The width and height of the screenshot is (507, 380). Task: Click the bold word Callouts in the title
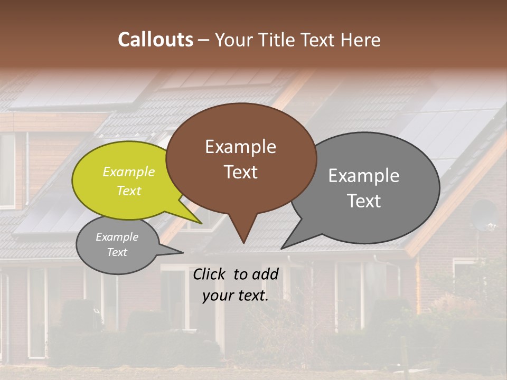click(155, 40)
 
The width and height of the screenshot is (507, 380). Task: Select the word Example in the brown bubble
click(240, 147)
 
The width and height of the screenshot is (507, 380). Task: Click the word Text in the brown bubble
click(240, 172)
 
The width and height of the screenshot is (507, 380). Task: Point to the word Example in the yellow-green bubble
click(129, 172)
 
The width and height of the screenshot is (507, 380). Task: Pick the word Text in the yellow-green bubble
click(129, 191)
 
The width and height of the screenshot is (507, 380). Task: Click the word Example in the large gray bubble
click(364, 176)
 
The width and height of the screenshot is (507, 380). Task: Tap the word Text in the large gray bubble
click(364, 201)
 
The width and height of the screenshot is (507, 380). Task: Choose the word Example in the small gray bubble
click(117, 237)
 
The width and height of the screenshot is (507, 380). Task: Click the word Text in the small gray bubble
click(117, 252)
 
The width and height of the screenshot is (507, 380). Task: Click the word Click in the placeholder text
click(210, 274)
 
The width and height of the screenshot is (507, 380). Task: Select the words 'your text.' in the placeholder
click(236, 296)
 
